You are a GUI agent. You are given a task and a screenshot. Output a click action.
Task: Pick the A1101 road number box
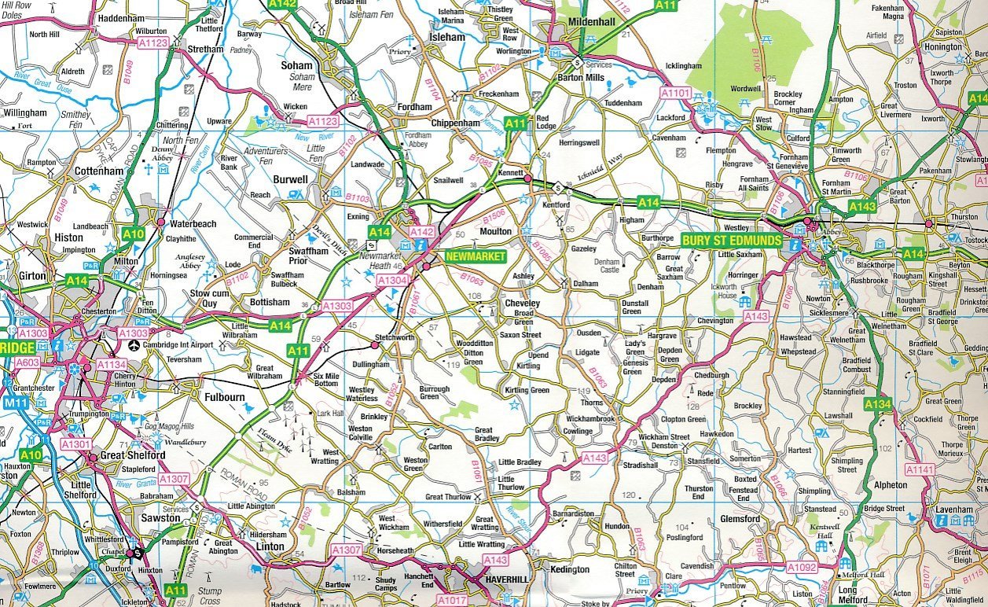[674, 93]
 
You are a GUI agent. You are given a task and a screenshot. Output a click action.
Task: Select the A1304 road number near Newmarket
[391, 280]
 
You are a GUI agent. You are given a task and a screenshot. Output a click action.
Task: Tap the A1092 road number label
[802, 565]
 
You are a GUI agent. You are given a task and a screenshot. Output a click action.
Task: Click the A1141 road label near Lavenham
[920, 469]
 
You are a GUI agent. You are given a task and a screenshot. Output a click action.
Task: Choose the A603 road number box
[28, 362]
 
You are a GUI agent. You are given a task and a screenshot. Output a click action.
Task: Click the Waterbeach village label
[193, 224]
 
